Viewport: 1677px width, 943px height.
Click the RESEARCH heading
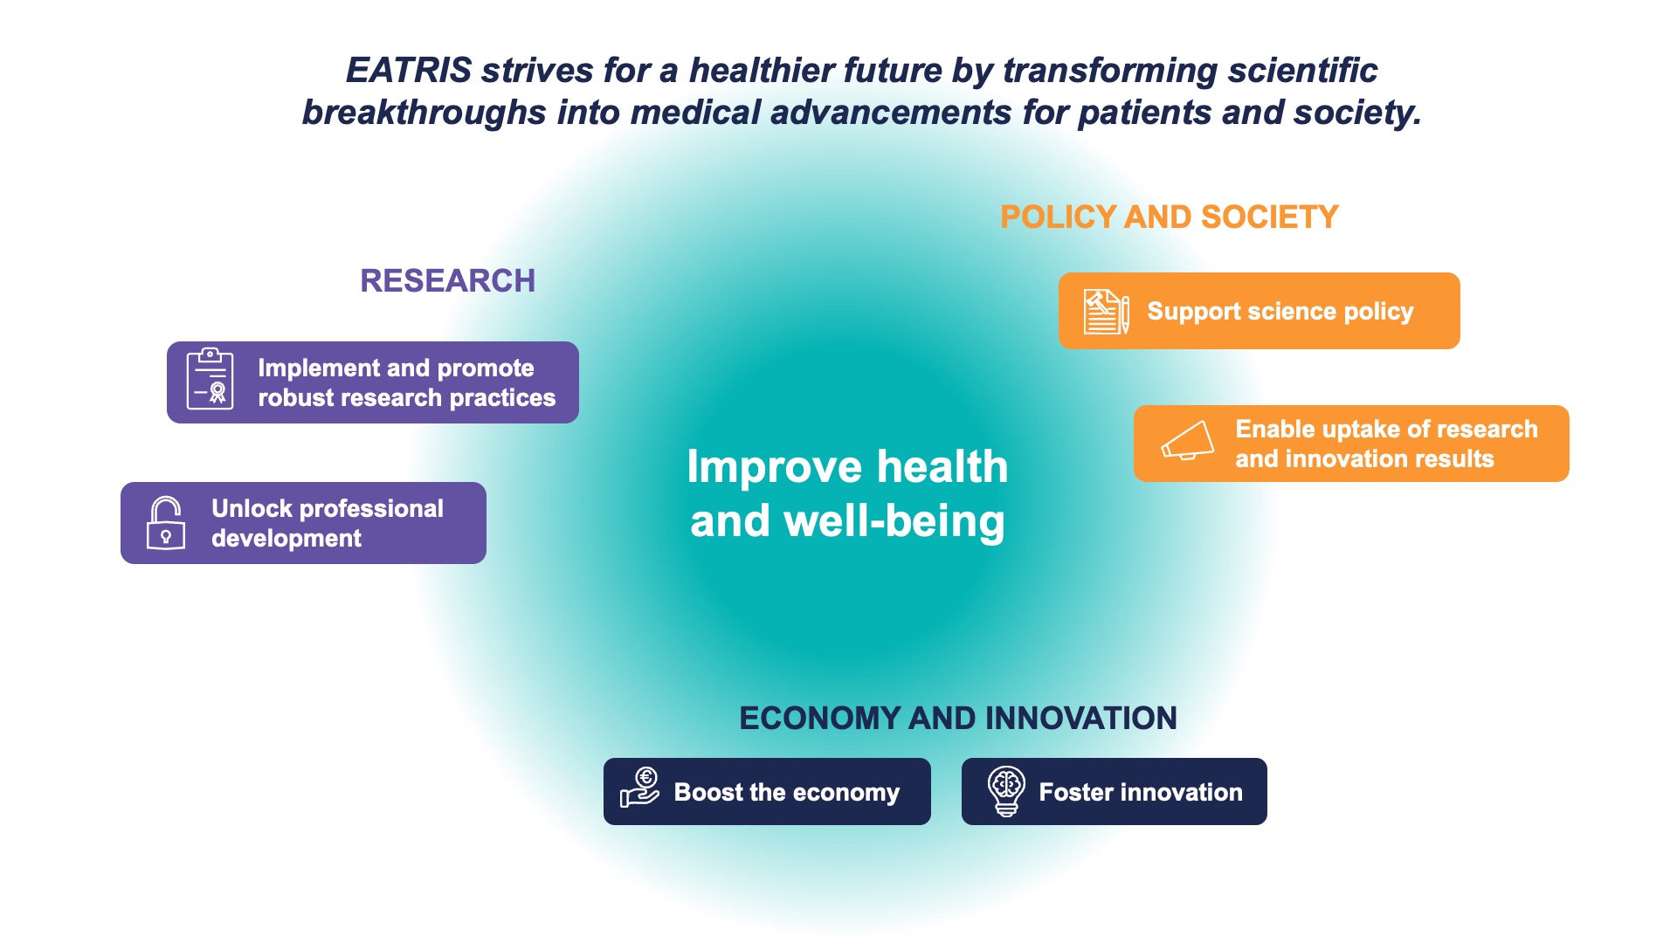click(x=447, y=281)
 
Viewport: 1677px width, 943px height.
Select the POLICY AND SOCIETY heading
click(x=1170, y=217)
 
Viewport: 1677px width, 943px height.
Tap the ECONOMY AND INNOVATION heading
click(x=958, y=719)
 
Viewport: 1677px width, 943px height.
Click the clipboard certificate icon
click(x=210, y=379)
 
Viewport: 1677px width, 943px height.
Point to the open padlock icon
click(x=165, y=523)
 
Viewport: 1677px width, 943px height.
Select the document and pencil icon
click(x=1107, y=312)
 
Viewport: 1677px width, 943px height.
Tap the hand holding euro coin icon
click(x=640, y=788)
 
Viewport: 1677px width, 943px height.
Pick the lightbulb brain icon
click(x=1006, y=792)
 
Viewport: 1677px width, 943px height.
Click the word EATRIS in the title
click(x=409, y=71)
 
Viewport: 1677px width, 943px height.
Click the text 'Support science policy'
click(x=1280, y=312)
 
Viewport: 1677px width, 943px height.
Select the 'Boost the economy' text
click(x=787, y=793)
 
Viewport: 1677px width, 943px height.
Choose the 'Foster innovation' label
click(x=1141, y=793)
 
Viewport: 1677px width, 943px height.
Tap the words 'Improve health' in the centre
click(x=847, y=467)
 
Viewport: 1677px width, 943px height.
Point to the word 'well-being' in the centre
click(x=894, y=521)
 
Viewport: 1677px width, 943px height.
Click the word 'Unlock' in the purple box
click(x=252, y=509)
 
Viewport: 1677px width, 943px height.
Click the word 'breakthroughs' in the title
click(x=424, y=113)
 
